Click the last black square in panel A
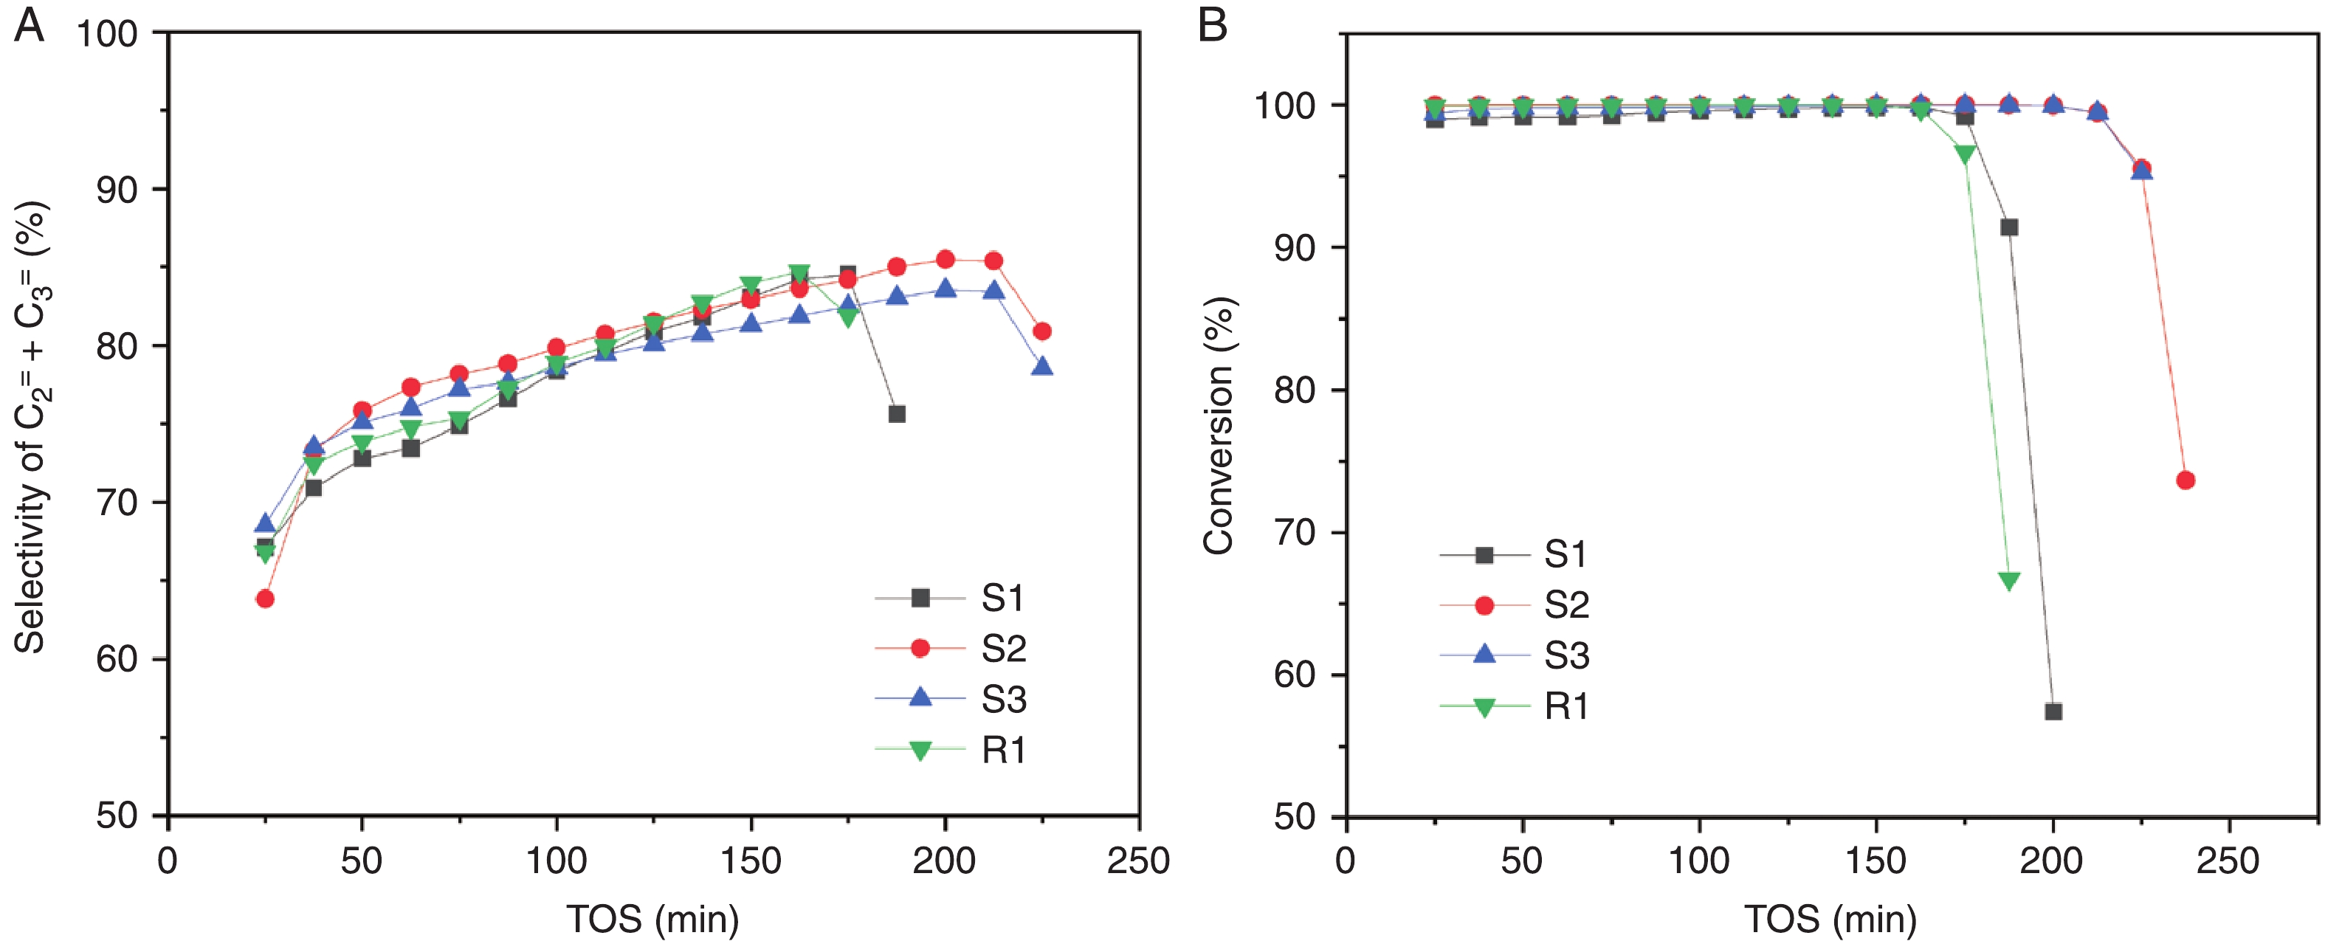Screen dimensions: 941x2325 click(x=896, y=414)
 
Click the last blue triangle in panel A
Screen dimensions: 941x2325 click(x=1042, y=366)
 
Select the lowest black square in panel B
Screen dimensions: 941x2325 click(x=2053, y=712)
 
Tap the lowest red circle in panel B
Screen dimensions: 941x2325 click(x=2185, y=480)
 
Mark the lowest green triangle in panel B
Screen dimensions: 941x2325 click(x=2009, y=581)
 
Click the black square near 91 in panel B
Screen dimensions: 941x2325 click(x=2009, y=227)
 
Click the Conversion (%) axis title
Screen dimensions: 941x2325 click(x=1219, y=425)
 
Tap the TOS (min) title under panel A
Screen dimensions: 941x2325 click(x=652, y=920)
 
